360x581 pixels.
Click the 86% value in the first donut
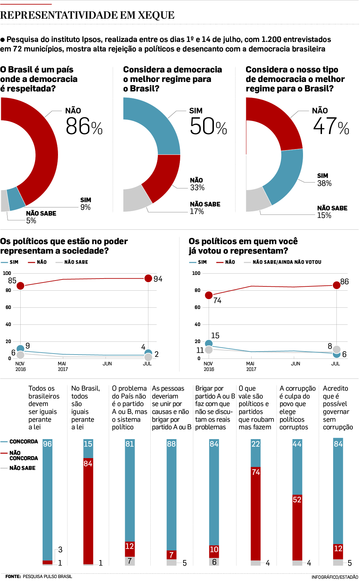(84, 126)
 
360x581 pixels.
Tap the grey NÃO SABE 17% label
(205, 208)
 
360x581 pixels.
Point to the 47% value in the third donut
(331, 126)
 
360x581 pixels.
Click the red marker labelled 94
(148, 278)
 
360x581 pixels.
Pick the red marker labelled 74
(209, 295)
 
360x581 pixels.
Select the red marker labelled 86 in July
(336, 285)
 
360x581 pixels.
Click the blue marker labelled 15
(209, 343)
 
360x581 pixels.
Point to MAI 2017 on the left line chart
(62, 366)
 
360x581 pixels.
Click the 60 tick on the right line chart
(197, 307)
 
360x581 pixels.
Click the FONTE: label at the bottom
(13, 576)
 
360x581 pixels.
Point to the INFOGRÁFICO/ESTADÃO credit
(334, 577)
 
